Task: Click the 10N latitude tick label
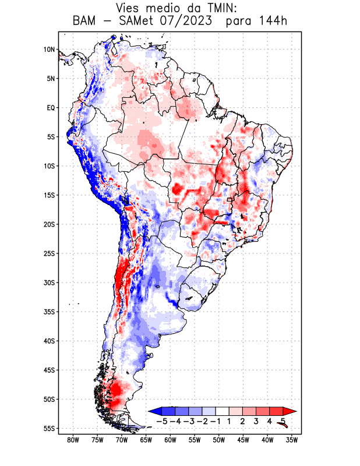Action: tap(49, 50)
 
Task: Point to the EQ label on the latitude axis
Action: tap(51, 108)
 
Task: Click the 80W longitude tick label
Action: tap(73, 440)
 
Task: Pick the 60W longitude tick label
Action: tap(171, 440)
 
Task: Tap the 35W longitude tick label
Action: tap(292, 440)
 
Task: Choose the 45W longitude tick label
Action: tap(243, 440)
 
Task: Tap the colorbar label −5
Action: tap(161, 421)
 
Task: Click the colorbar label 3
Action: tap(256, 421)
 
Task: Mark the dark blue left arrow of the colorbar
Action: tap(155, 411)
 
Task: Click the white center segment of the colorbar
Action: tap(222, 411)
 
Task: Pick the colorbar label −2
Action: tap(202, 421)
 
